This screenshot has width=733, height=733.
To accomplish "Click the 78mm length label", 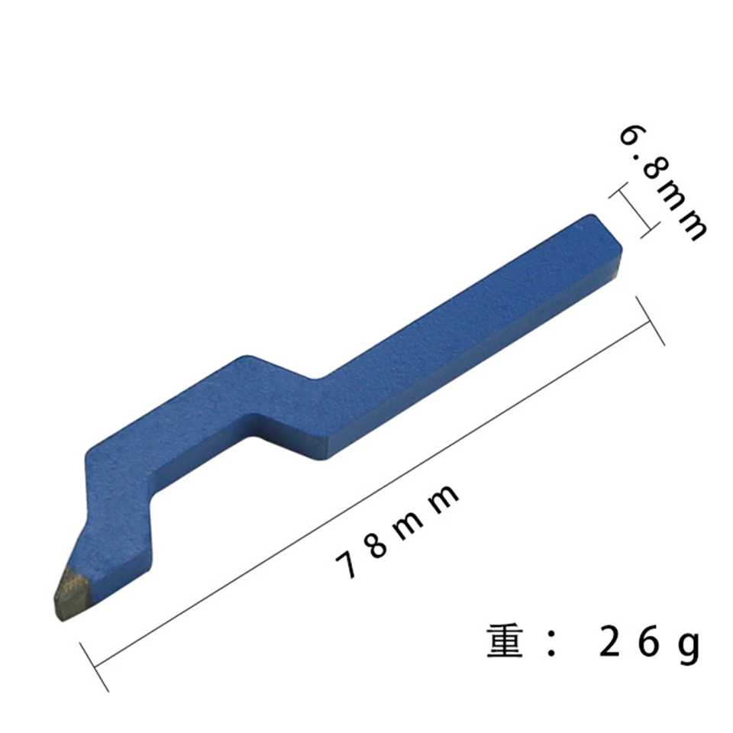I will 397,531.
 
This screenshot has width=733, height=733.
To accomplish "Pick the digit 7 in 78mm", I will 347,565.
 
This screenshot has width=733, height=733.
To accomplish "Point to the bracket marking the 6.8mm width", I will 633,211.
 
